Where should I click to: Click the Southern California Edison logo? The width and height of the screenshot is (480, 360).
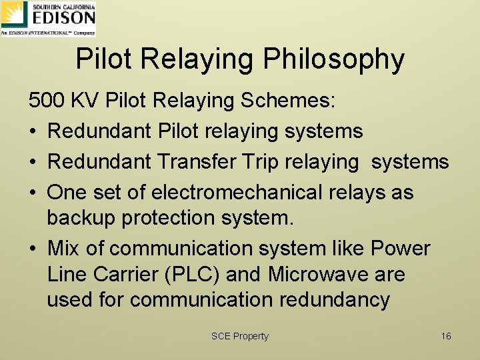pyautogui.click(x=49, y=18)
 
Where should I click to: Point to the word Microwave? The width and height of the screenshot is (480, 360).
pyautogui.click(x=324, y=274)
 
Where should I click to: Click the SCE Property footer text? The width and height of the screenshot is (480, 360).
pyautogui.click(x=239, y=336)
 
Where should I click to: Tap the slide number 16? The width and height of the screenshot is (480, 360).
pyautogui.click(x=446, y=336)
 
